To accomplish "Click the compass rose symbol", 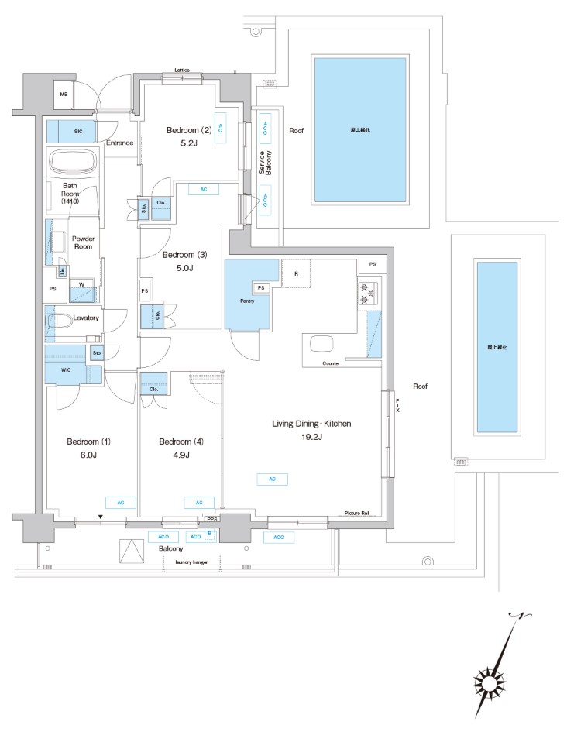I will point(491,684).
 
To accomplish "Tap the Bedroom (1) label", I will point(89,442).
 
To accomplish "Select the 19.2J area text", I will point(311,438).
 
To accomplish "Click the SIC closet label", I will point(78,132).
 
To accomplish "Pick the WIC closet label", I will point(66,370).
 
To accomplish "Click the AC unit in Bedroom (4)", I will point(199,502).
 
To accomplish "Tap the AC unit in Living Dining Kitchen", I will point(273,479).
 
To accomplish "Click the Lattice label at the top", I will point(182,70).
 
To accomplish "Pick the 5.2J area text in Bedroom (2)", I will point(189,143).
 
